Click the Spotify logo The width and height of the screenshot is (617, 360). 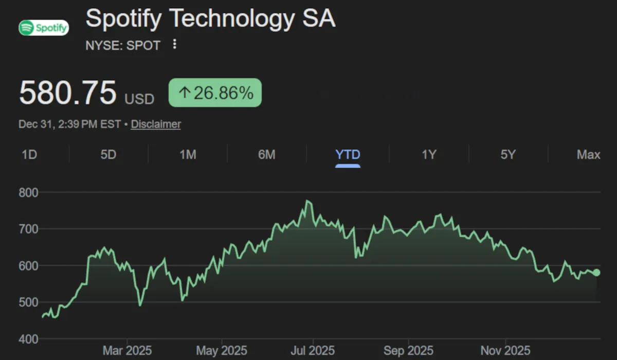click(44, 27)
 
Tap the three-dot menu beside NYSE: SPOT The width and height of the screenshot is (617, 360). click(174, 44)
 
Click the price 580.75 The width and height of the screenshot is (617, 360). click(68, 93)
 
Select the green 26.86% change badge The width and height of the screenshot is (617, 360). click(215, 93)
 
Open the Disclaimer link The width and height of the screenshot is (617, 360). click(156, 124)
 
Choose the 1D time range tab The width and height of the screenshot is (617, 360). click(29, 154)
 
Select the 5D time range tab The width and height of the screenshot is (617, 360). click(108, 154)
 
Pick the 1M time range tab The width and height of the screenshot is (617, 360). click(188, 154)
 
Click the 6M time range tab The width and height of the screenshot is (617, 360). click(266, 154)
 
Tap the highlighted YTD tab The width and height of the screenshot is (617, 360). click(348, 154)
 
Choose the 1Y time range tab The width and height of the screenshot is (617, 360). click(429, 154)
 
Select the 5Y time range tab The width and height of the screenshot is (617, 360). click(508, 154)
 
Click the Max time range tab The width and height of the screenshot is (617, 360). click(589, 154)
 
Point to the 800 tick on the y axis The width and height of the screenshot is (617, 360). click(29, 192)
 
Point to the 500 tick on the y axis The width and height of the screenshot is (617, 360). click(29, 302)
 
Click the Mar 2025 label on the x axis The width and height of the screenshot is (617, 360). click(127, 351)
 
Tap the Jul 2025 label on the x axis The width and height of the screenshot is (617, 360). click(313, 351)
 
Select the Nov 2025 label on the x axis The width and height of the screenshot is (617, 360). click(505, 351)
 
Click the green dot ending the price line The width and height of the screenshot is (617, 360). click(596, 273)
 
